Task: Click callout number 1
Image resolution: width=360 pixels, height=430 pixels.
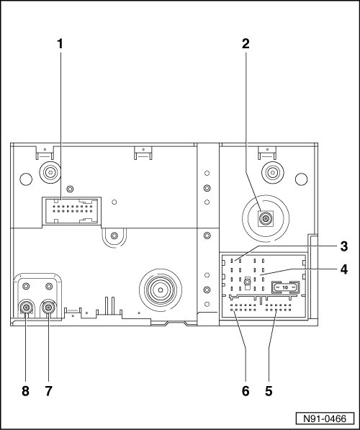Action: [60, 44]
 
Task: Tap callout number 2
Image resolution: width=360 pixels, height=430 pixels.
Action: [246, 44]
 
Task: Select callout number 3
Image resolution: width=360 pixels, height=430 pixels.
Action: [344, 246]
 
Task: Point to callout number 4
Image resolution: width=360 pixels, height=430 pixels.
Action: [344, 269]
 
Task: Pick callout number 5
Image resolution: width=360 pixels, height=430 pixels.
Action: [269, 391]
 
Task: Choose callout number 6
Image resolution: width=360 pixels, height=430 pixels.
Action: [246, 391]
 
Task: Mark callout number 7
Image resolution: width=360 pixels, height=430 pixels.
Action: [48, 391]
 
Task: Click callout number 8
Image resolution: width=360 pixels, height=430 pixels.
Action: [25, 391]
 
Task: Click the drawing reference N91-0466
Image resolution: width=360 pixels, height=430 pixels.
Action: [325, 418]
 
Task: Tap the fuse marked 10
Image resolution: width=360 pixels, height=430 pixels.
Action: [285, 287]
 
